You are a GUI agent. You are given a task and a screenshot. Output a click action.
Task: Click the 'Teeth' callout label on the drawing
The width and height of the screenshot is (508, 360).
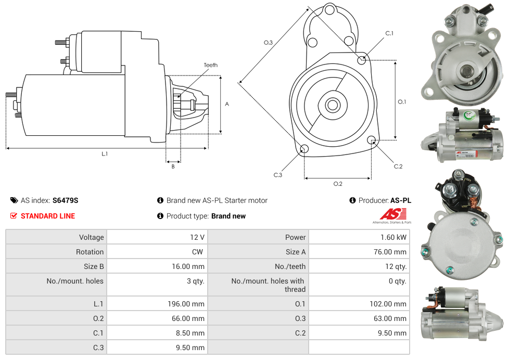[210, 65]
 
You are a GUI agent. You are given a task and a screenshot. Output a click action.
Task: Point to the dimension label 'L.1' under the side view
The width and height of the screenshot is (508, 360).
[104, 153]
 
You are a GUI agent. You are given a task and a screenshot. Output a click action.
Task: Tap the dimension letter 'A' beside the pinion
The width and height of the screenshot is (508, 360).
[226, 104]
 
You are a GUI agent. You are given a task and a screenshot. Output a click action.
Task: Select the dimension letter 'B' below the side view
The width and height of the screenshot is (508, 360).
[173, 166]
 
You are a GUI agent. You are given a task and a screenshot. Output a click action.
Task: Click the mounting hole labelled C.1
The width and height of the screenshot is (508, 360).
[362, 60]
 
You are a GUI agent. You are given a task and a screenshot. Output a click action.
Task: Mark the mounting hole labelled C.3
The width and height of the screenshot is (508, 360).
[304, 150]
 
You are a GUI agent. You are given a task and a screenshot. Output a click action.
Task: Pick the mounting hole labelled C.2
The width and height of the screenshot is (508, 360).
[372, 140]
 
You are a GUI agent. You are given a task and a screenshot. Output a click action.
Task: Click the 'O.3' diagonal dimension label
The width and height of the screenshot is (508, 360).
[268, 43]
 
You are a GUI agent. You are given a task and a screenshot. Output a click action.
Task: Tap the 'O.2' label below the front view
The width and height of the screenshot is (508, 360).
[337, 184]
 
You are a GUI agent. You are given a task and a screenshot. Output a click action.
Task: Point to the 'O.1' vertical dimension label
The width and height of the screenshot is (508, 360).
[402, 102]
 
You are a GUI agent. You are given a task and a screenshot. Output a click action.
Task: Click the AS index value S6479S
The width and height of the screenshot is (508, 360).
[65, 200]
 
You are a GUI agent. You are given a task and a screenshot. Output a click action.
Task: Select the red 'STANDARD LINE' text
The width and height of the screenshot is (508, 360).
[48, 216]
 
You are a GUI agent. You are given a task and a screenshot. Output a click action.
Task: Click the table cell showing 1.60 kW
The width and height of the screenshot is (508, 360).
[395, 237]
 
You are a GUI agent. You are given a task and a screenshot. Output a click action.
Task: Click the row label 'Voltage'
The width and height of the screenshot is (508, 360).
[91, 237]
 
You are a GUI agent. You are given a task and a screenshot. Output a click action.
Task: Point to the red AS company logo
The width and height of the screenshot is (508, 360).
[392, 214]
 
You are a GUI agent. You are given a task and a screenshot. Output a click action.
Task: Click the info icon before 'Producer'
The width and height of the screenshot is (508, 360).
[352, 200]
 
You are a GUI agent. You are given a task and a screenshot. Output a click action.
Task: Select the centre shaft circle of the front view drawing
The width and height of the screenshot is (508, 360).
[332, 105]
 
